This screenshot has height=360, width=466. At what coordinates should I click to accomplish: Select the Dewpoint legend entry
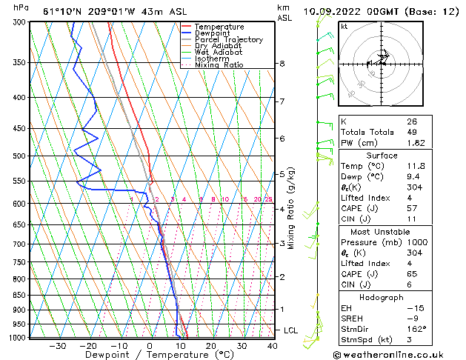pos(211,33)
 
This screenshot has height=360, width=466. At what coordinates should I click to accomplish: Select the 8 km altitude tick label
pos(282,64)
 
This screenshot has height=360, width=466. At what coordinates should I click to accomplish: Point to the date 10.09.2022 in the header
pos(336,11)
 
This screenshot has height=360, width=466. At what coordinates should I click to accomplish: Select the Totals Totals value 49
pos(412,132)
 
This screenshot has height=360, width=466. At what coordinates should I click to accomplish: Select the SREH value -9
pos(412,318)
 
